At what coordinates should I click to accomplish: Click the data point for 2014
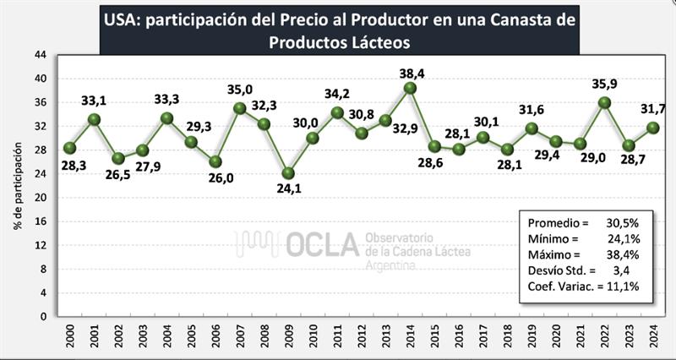coord(411,88)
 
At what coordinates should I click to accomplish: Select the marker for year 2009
coord(288,173)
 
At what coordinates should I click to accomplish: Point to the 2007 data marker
coord(239,108)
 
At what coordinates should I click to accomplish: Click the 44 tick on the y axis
coord(41,54)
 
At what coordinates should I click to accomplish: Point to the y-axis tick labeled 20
coord(41,198)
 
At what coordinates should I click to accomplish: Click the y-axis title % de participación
coord(16,186)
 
